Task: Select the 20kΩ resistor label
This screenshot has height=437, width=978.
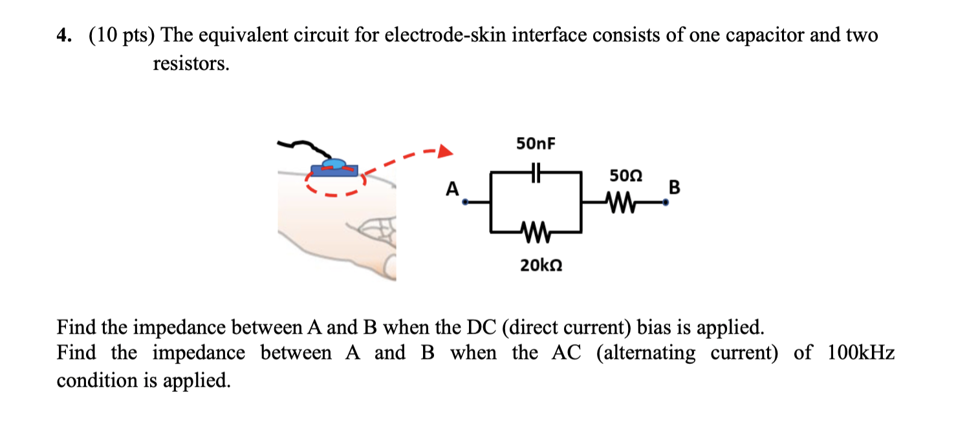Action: click(x=541, y=264)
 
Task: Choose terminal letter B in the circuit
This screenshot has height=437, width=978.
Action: click(x=675, y=187)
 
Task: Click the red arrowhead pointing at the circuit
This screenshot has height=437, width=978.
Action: click(x=444, y=153)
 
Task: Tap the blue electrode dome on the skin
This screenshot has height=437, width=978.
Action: click(x=334, y=164)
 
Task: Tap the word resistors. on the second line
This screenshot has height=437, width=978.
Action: click(x=191, y=64)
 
